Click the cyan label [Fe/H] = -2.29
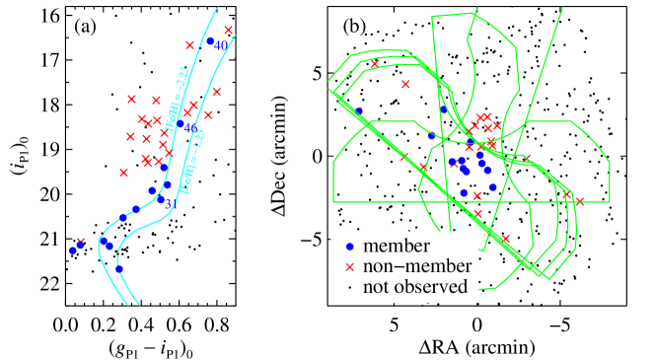pyautogui.click(x=178, y=99)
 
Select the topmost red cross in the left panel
pyautogui.click(x=228, y=30)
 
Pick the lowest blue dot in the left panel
pyautogui.click(x=119, y=268)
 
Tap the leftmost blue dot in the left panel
pyautogui.click(x=72, y=251)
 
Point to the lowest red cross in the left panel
pyautogui.click(x=80, y=241)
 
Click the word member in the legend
pyautogui.click(x=397, y=246)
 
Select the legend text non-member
pyautogui.click(x=417, y=266)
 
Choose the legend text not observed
pyautogui.click(x=414, y=288)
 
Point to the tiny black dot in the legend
pyautogui.click(x=348, y=288)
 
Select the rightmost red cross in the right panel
pyautogui.click(x=580, y=201)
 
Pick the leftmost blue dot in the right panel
pyautogui.click(x=359, y=111)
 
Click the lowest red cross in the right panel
pyautogui.click(x=506, y=238)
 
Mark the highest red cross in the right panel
pyautogui.click(x=374, y=64)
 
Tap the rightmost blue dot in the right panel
pyautogui.click(x=493, y=186)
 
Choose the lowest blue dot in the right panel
pyautogui.click(x=464, y=192)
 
